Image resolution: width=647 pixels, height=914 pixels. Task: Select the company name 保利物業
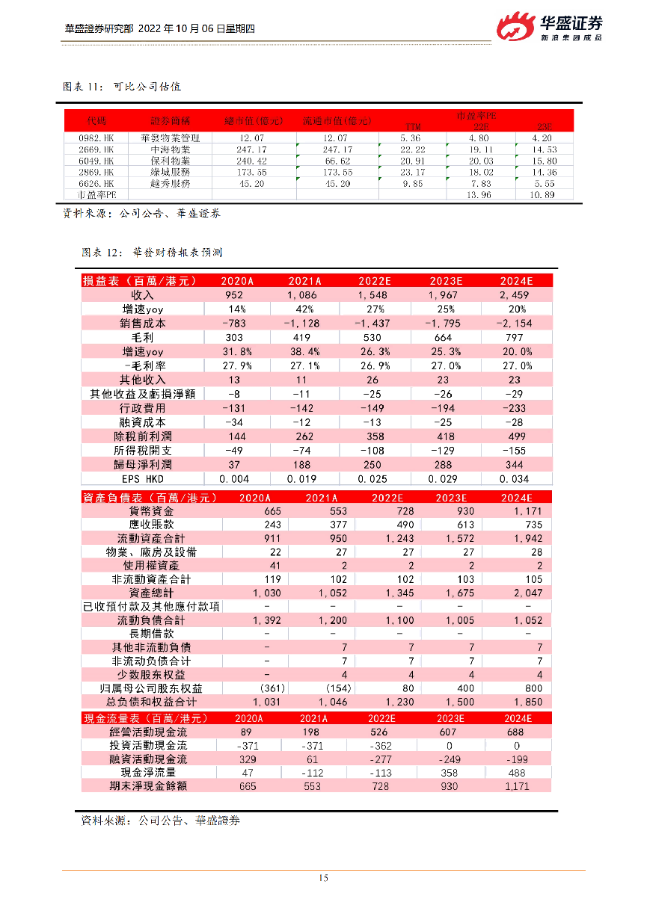point(170,161)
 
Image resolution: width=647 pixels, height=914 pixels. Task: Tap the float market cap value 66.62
point(336,161)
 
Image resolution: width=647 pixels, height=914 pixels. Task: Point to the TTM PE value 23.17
point(411,172)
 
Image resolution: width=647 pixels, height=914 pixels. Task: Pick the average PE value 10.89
point(543,194)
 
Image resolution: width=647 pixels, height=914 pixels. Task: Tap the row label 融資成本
point(143,423)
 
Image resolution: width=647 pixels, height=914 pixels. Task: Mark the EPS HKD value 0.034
point(515,479)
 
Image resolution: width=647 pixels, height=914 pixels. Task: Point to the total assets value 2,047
point(528,593)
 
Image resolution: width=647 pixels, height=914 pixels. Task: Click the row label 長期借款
point(151,634)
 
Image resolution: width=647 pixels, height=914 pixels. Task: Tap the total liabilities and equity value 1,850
point(528,702)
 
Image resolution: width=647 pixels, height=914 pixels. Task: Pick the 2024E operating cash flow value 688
point(515,732)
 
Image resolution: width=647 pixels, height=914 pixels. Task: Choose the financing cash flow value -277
point(381,759)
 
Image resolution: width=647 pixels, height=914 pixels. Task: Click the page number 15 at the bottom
point(323,878)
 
